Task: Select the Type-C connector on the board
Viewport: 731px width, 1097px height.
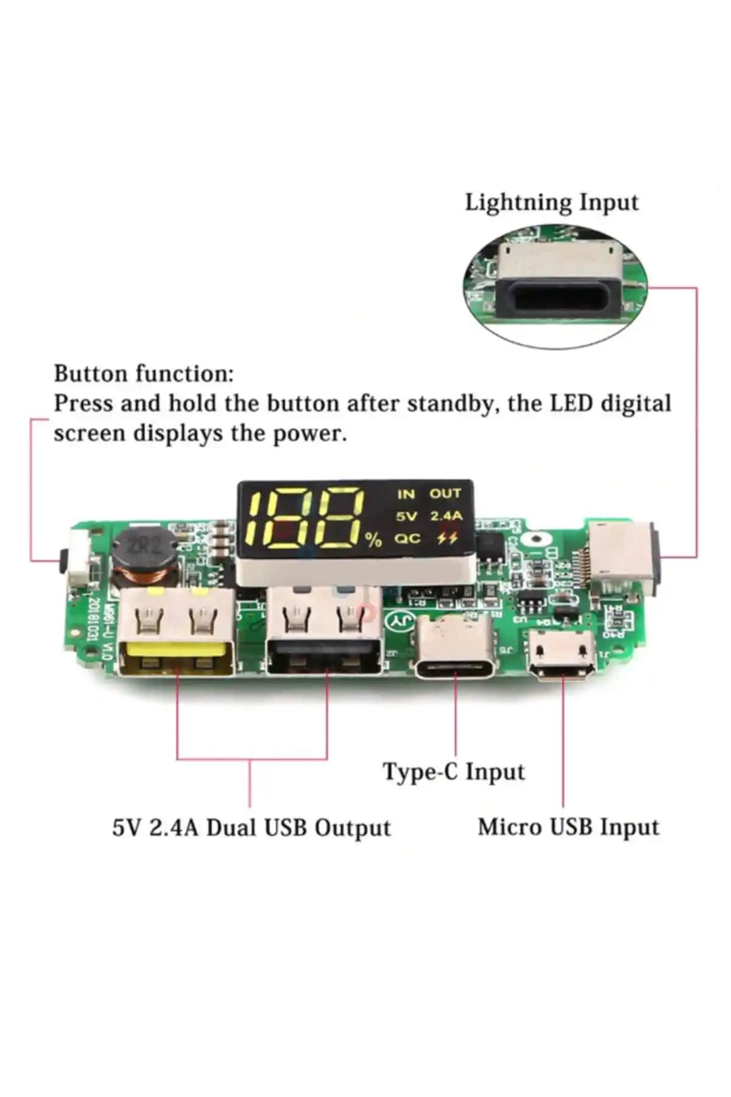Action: click(456, 649)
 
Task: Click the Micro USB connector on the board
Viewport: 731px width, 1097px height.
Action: click(561, 655)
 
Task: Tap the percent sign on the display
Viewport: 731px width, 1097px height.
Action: click(373, 539)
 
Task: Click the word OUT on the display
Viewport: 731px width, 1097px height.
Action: click(445, 494)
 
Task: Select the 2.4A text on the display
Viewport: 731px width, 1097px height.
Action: click(447, 516)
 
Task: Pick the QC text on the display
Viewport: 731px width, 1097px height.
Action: click(406, 539)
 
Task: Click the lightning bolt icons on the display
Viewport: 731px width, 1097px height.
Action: click(448, 539)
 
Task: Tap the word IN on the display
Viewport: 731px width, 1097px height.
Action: click(406, 494)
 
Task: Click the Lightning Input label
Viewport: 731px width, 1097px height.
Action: click(551, 202)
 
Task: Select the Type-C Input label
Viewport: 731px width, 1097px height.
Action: click(454, 772)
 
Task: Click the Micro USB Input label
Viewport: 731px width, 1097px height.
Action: click(568, 827)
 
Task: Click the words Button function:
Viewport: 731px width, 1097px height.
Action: click(144, 374)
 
